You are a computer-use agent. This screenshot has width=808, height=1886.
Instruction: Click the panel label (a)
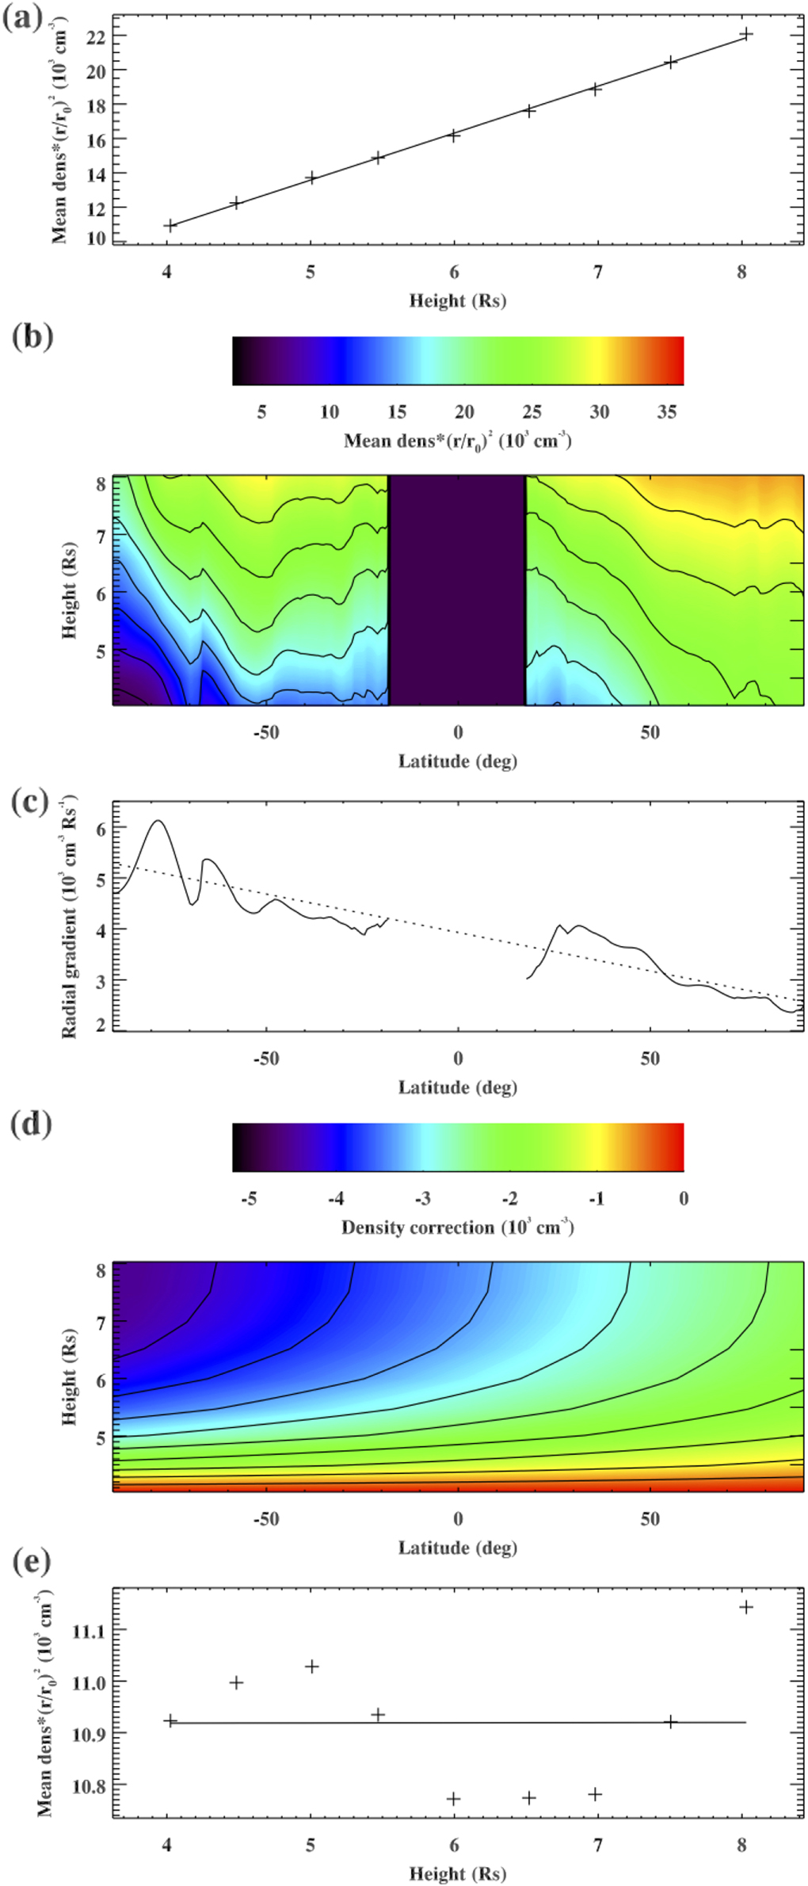[23, 18]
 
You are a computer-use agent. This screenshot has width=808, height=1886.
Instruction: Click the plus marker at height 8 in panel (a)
[745, 34]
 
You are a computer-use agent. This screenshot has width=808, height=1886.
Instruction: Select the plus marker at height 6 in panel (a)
[454, 136]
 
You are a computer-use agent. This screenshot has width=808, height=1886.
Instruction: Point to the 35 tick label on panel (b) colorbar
[666, 412]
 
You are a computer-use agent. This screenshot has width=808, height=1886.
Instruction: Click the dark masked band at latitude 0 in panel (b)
[457, 590]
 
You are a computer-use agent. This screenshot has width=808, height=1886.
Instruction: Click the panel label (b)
[32, 336]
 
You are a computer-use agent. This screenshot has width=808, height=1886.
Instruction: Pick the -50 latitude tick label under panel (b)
[266, 733]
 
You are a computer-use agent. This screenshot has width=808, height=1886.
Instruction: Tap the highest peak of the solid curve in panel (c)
[158, 821]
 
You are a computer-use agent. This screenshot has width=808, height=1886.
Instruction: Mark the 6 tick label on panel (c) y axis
[100, 827]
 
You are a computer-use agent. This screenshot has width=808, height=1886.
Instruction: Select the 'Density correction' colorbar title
[457, 1227]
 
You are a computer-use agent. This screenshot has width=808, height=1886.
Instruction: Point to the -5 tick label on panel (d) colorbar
[249, 1199]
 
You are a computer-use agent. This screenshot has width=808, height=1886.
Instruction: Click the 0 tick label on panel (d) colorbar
[683, 1199]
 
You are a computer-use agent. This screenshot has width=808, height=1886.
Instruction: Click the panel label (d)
[31, 1124]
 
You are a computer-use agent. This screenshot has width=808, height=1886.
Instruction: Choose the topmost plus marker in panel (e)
[745, 1607]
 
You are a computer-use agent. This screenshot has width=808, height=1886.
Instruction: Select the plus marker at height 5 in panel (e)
[312, 1666]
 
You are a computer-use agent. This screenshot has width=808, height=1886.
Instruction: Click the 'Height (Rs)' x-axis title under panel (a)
[457, 301]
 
